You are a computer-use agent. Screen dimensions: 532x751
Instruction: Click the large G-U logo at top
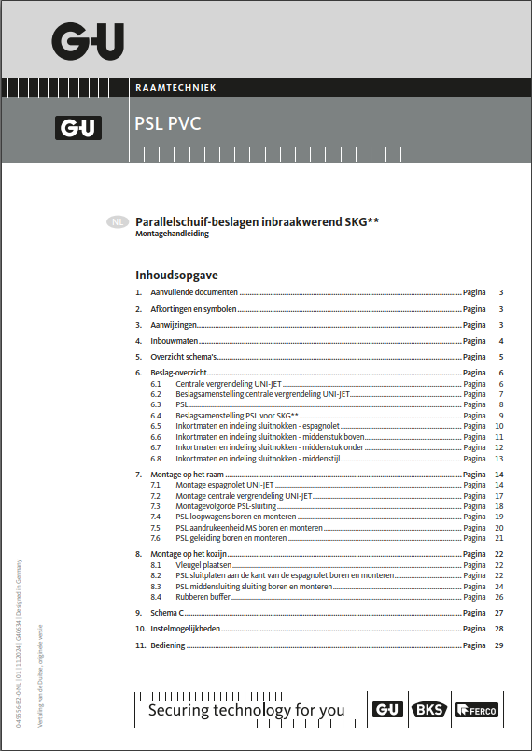(88, 41)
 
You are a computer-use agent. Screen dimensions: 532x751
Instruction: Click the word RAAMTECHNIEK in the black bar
(175, 87)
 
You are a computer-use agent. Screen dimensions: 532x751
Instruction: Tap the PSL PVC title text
(168, 123)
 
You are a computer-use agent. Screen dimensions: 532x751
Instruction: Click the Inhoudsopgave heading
(176, 276)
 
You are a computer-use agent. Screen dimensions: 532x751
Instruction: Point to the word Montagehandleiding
(172, 234)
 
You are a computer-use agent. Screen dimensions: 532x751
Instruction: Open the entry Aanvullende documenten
(194, 292)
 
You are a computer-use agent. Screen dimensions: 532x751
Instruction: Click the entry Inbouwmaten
(175, 341)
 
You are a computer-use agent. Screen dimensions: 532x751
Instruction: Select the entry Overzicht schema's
(183, 357)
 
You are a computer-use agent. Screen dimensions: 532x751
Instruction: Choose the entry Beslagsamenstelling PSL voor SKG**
(236, 415)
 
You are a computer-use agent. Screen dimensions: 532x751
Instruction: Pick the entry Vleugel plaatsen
(203, 565)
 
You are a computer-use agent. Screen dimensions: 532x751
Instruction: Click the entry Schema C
(168, 613)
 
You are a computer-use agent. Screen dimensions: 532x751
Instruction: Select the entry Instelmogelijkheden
(186, 629)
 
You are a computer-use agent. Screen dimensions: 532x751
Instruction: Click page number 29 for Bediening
(499, 645)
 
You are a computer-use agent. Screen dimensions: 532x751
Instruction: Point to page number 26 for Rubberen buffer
(499, 596)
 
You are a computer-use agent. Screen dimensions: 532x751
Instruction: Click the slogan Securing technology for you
(246, 711)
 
